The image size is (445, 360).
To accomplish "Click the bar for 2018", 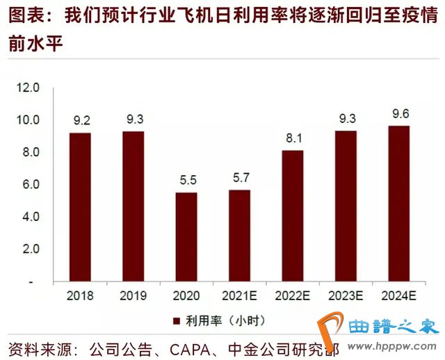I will (x=80, y=207).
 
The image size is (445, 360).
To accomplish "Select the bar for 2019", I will (x=133, y=206).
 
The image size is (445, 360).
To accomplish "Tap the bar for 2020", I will (x=186, y=237).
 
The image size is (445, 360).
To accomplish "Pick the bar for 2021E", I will (x=239, y=236).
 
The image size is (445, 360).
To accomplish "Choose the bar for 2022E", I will (x=293, y=216).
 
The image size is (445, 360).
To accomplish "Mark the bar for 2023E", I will (x=346, y=206).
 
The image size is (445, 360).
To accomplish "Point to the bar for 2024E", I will (x=398, y=204).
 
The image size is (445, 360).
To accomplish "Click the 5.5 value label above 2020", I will (x=186, y=179).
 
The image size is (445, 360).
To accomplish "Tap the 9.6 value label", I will (x=398, y=113).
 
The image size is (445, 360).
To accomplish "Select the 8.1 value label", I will (x=293, y=137).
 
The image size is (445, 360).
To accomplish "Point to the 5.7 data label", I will (x=239, y=177).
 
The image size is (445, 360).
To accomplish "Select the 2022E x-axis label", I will (x=293, y=295).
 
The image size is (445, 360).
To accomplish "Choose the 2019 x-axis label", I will (x=133, y=295).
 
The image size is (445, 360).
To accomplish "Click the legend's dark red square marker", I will (x=175, y=320).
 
